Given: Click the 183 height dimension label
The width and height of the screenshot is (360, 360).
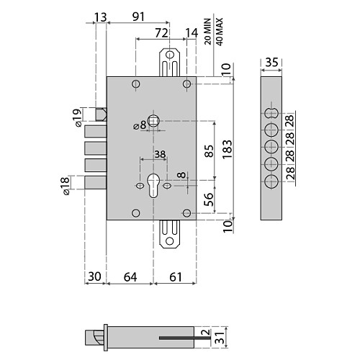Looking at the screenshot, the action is click(x=228, y=149).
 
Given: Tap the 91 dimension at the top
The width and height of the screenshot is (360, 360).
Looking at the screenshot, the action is click(x=138, y=17).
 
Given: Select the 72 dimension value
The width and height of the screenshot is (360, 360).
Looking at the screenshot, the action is click(x=161, y=33).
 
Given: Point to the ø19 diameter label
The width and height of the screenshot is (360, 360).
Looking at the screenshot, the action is click(x=77, y=117).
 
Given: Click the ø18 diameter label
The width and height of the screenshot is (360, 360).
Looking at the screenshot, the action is click(x=65, y=186).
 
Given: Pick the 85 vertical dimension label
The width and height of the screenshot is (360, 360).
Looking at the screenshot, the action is click(x=209, y=150).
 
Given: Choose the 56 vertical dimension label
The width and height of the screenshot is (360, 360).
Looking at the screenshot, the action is click(x=209, y=199).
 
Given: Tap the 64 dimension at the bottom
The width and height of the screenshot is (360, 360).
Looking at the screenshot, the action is click(x=130, y=277).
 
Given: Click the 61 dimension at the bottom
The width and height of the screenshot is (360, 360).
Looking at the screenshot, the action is click(x=176, y=277).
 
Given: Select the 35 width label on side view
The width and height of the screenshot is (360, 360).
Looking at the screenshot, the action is click(x=271, y=63).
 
